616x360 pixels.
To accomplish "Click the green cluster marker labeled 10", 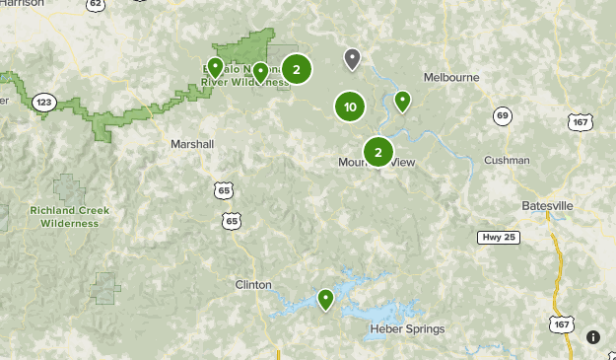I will point(350,107).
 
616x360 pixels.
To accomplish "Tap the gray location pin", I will point(352,59).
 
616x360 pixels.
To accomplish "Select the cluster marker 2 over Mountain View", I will point(377,152).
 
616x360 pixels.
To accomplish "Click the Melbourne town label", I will point(450,77).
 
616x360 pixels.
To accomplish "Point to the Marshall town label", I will point(191,144).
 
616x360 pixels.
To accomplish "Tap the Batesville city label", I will point(547,205).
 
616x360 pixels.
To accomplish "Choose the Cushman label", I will point(507,161).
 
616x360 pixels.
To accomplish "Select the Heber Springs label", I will point(407,329).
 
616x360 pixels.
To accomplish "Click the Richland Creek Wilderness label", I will point(69,217).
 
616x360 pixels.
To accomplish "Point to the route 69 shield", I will point(503,116).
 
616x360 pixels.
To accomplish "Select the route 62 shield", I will point(96,5).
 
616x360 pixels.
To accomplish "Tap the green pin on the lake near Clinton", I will point(325,298).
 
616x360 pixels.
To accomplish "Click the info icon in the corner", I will point(592,336).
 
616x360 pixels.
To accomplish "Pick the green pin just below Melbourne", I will point(402,100).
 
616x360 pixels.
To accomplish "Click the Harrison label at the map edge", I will point(23,4).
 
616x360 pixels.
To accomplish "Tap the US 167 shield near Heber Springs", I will point(562,324).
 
